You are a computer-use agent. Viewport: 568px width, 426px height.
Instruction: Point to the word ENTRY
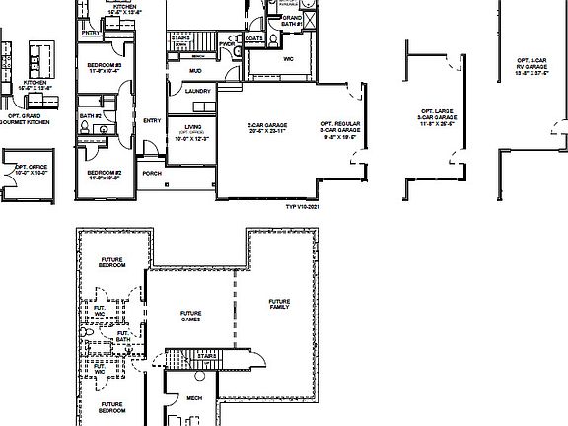click(152, 120)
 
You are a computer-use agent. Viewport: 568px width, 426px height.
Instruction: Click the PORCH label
click(152, 173)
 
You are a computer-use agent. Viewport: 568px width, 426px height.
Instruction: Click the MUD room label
click(194, 70)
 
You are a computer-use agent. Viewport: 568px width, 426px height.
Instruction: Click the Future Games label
click(191, 316)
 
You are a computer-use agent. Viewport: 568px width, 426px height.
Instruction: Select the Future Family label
click(280, 304)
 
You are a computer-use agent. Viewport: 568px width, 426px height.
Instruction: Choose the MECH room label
click(194, 399)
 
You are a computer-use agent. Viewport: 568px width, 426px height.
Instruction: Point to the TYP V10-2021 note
click(303, 207)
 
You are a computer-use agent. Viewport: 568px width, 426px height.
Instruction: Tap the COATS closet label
click(254, 39)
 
